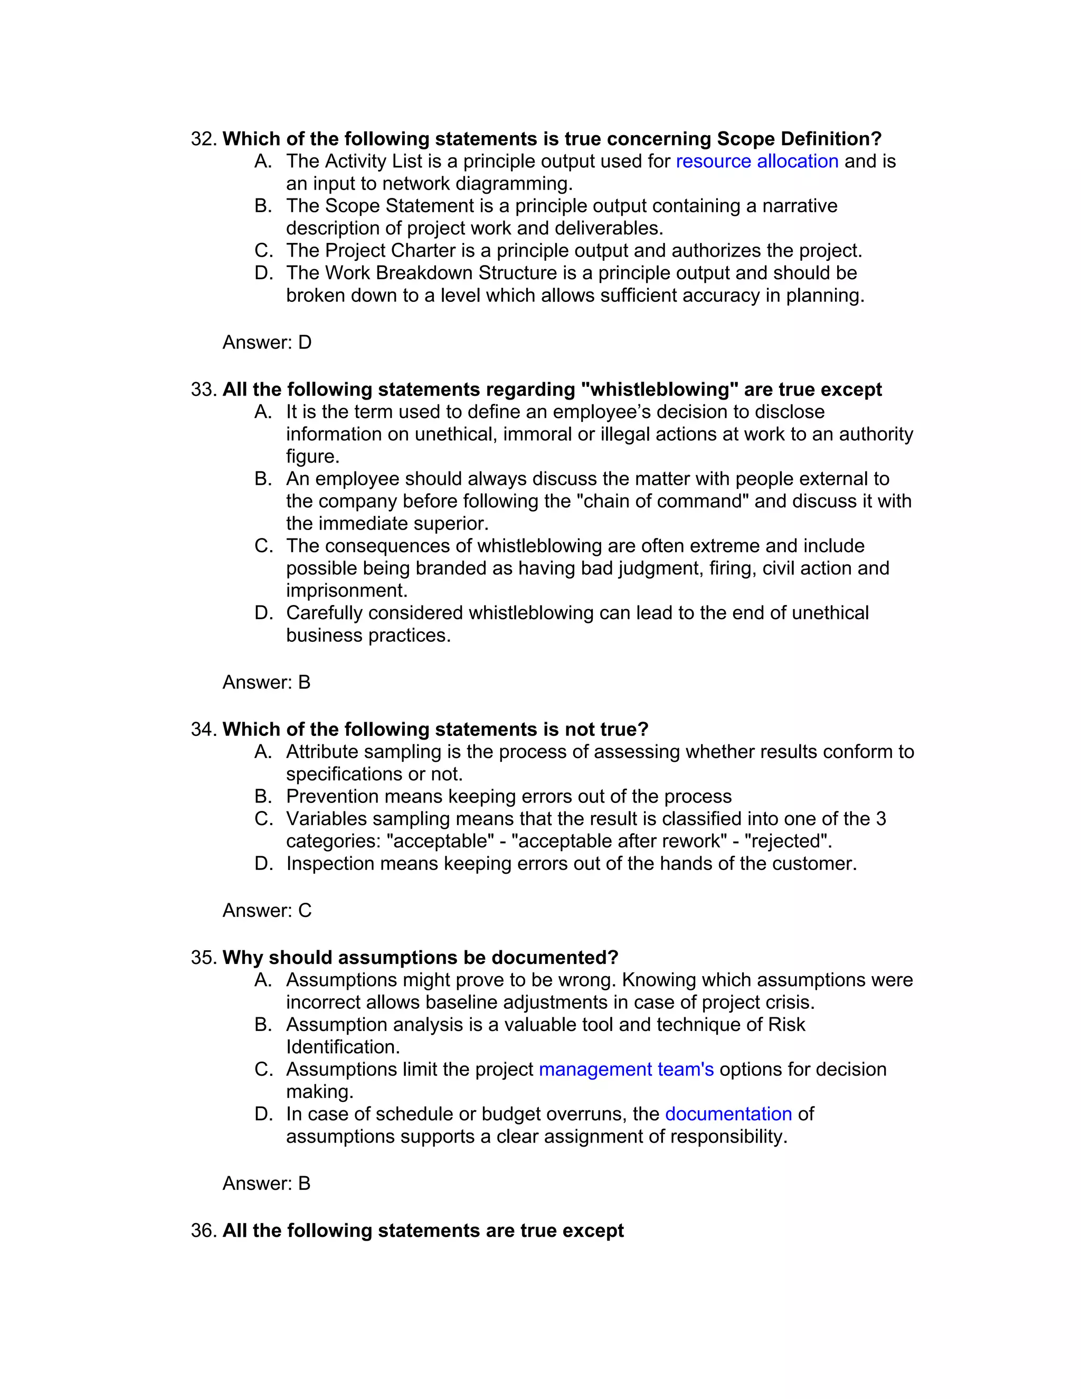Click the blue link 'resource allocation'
click(757, 162)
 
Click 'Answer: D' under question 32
click(267, 343)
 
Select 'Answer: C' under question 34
click(267, 910)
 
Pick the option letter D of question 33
click(263, 613)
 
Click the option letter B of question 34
click(263, 796)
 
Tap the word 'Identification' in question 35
click(342, 1047)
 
